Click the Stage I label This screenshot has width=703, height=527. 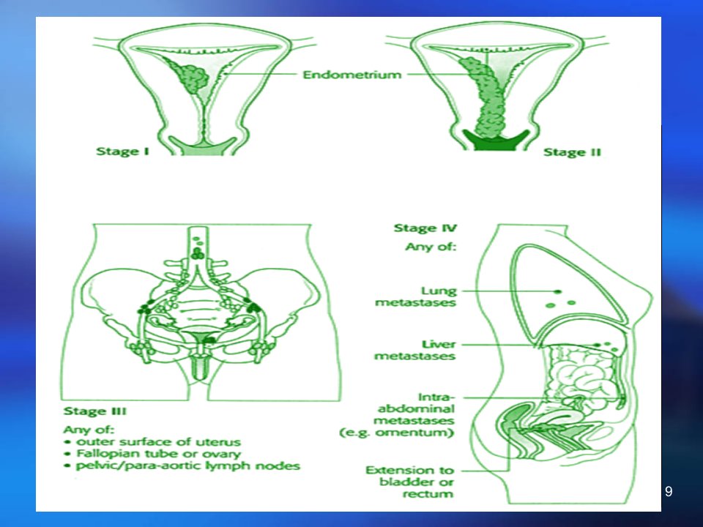click(x=122, y=152)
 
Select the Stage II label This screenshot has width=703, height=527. click(x=572, y=152)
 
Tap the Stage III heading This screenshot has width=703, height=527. click(x=95, y=411)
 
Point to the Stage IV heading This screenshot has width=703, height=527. click(x=425, y=228)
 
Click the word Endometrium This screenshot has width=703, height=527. click(x=352, y=75)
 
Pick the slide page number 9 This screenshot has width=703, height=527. click(x=669, y=492)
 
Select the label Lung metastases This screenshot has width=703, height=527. click(x=416, y=296)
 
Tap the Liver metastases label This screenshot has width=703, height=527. click(x=415, y=350)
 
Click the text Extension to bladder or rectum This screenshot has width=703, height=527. click(x=410, y=482)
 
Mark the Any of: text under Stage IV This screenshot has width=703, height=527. click(x=431, y=247)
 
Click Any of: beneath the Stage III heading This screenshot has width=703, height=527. click(x=89, y=430)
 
